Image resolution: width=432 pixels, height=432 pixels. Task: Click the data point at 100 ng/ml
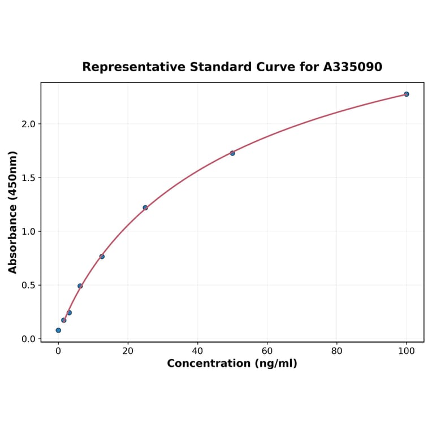[x=407, y=94]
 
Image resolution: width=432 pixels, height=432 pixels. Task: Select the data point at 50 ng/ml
[x=232, y=153]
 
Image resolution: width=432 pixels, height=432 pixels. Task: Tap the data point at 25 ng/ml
[x=145, y=208]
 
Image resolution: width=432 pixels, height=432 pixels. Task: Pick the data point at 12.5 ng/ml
[x=102, y=256]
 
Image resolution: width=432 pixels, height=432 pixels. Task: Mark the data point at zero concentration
[x=58, y=330]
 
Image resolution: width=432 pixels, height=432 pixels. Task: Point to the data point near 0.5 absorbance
[x=80, y=286]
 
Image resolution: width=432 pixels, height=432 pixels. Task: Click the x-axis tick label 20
[x=128, y=351]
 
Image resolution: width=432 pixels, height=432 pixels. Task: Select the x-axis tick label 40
[x=197, y=351]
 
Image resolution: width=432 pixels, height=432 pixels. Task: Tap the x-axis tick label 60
[x=267, y=351]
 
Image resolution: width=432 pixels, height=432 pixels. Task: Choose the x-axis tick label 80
[x=337, y=351]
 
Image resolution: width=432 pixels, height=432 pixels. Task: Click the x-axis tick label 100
[x=407, y=351]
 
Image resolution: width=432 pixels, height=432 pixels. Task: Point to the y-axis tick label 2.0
[x=28, y=124]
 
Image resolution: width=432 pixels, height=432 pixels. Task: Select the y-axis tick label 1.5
[x=28, y=178]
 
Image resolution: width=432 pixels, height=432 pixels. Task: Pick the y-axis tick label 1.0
[x=28, y=231]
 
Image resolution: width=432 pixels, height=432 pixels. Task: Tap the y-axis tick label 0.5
[x=28, y=285]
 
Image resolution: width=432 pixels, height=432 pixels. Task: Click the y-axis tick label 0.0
[x=28, y=339]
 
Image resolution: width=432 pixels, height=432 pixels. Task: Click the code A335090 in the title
[x=353, y=67]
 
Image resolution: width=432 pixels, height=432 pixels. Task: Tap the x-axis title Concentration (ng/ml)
[x=232, y=364]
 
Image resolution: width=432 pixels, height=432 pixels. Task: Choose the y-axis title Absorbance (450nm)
[x=13, y=212]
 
